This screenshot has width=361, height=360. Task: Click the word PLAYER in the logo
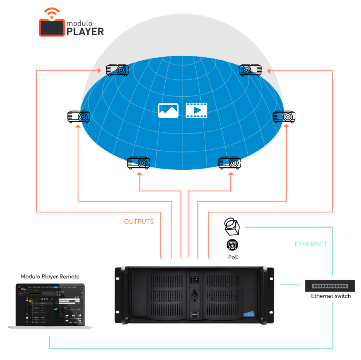(x=85, y=32)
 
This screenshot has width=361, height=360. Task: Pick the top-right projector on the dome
(x=251, y=69)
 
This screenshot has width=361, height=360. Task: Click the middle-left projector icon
(x=79, y=117)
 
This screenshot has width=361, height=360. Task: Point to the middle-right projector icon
(x=284, y=116)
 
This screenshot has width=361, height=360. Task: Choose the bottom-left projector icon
(x=138, y=163)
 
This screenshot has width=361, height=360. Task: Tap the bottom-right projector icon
(x=230, y=163)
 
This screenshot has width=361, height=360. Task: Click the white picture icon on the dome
(x=168, y=110)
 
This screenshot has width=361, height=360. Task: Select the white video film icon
(x=196, y=110)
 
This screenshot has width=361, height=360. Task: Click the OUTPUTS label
(x=139, y=221)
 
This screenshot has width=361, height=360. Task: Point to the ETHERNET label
(x=311, y=244)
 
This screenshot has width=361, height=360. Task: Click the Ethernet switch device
(x=330, y=286)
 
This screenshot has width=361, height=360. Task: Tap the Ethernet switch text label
(x=331, y=296)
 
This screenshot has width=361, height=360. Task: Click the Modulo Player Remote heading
(x=50, y=277)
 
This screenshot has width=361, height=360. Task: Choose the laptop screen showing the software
(x=50, y=304)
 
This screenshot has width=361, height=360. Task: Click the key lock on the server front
(x=194, y=295)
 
